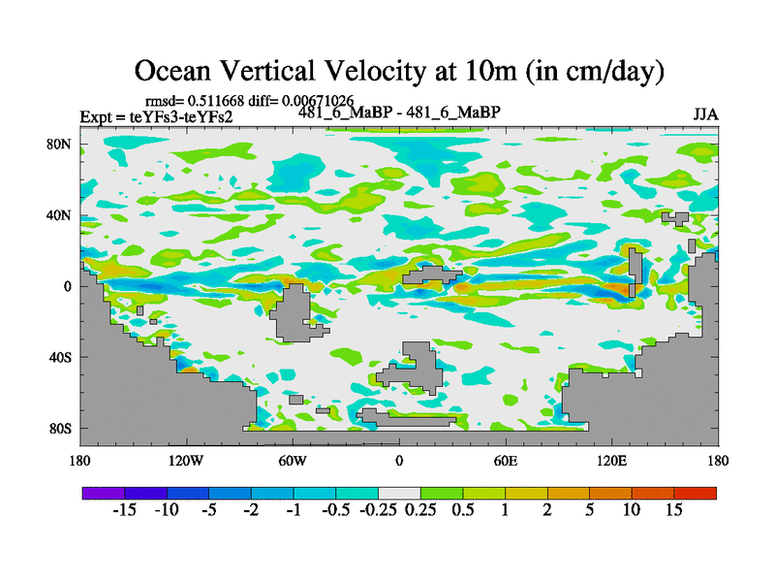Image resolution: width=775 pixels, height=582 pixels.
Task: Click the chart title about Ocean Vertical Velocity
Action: click(x=398, y=71)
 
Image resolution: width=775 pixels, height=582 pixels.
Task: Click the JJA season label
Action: click(x=705, y=114)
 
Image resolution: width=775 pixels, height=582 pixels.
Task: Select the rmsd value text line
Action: click(x=249, y=101)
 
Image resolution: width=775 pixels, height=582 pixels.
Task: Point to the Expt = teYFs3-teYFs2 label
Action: click(x=156, y=117)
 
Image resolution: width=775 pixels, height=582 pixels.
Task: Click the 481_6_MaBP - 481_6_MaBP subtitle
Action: click(x=398, y=112)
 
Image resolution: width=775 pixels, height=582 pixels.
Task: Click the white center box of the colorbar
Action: click(x=399, y=493)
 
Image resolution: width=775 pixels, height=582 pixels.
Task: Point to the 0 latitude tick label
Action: click(x=69, y=286)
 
